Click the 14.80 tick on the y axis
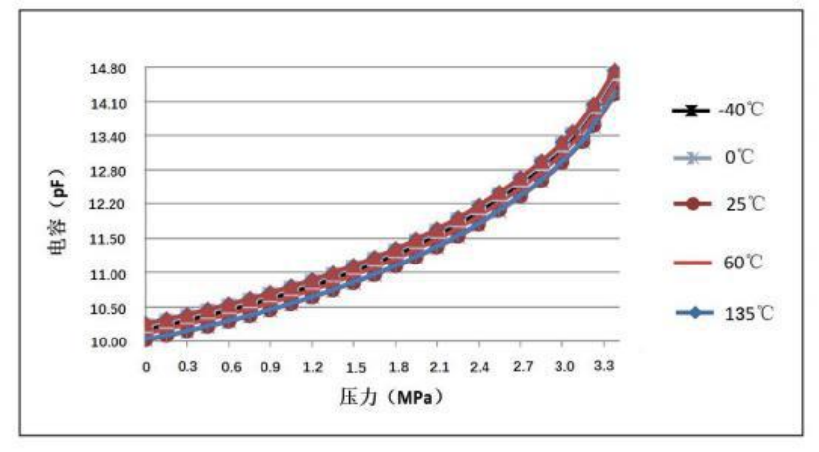click(108, 69)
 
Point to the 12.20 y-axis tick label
click(108, 205)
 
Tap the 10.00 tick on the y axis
click(108, 341)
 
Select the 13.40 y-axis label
click(108, 137)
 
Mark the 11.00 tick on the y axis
click(108, 273)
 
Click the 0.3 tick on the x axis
click(186, 366)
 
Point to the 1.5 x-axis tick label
click(355, 366)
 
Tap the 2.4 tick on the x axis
click(481, 366)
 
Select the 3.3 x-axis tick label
click(606, 366)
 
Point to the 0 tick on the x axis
click(146, 366)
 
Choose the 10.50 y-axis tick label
click(108, 308)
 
